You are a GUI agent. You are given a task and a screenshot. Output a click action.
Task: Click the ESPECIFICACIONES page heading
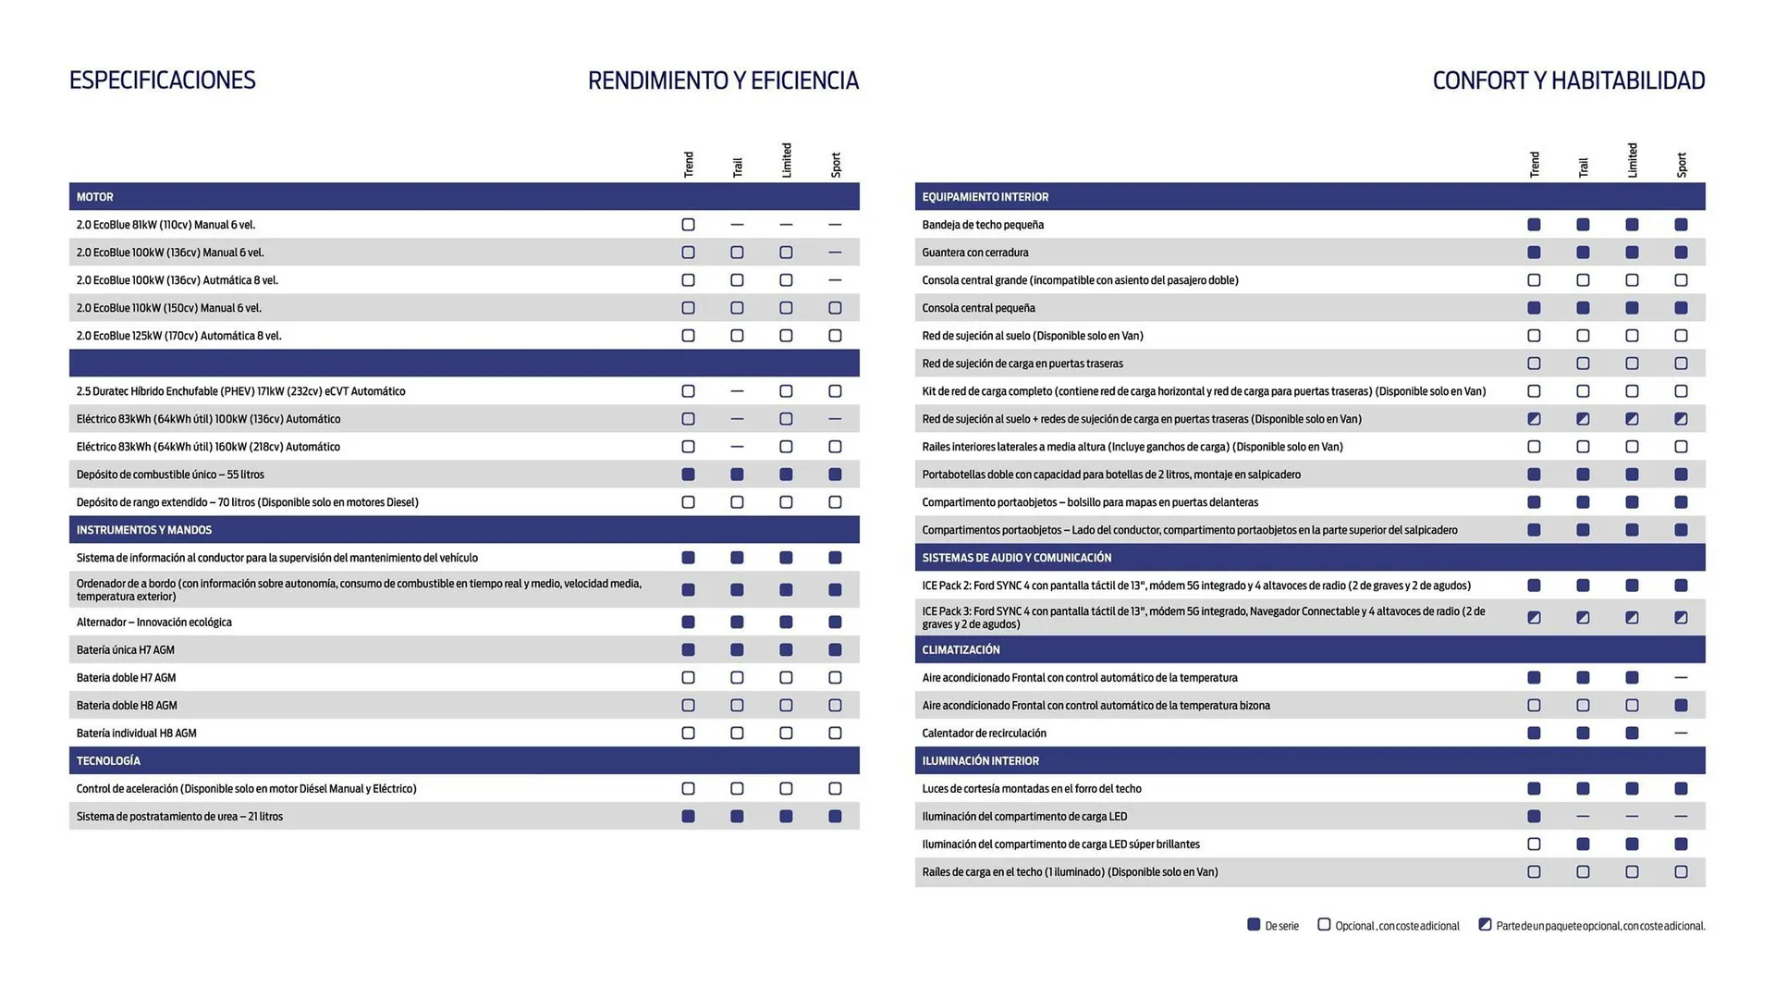tap(162, 80)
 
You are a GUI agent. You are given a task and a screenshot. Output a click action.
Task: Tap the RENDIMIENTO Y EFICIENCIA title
tap(723, 81)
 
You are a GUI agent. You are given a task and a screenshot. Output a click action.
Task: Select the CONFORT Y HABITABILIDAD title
tap(1568, 81)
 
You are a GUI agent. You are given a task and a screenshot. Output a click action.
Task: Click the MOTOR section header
tap(95, 197)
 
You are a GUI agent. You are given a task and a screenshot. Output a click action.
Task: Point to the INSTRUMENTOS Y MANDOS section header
tap(144, 530)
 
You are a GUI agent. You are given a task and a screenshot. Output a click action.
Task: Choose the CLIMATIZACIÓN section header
tap(961, 650)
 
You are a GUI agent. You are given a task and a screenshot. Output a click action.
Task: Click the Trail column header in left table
tap(737, 166)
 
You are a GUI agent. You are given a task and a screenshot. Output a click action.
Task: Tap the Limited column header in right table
tap(1632, 161)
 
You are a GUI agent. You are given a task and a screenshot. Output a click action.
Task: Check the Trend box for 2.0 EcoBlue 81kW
tap(688, 225)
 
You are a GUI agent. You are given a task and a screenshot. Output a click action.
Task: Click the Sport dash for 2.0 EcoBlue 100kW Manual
tap(835, 253)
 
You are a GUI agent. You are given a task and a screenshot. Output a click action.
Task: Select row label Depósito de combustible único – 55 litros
tap(170, 475)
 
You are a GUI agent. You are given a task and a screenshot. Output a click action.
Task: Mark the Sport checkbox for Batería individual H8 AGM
tap(835, 734)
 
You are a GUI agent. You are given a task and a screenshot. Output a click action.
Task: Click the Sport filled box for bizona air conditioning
tap(1681, 706)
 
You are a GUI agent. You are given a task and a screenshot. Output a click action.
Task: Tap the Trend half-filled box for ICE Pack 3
tap(1534, 618)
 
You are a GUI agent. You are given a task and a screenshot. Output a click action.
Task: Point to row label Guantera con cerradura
tap(974, 253)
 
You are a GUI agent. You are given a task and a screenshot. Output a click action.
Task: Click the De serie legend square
tap(1254, 925)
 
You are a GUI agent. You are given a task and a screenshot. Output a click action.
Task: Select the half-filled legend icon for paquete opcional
tap(1485, 925)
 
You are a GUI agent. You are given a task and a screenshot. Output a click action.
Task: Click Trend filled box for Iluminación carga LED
tap(1534, 817)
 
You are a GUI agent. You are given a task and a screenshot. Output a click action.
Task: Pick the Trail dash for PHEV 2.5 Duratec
tap(737, 391)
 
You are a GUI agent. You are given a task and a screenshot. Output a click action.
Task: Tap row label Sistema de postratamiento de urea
tap(179, 817)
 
